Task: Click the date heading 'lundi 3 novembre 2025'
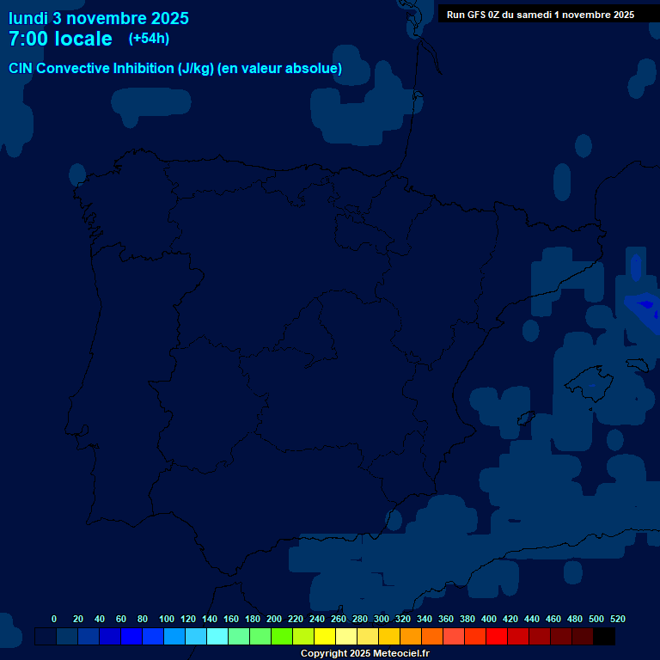(99, 18)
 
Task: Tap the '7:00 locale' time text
(60, 40)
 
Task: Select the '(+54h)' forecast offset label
(149, 39)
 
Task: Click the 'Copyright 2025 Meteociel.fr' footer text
(364, 653)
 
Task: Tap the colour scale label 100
(167, 619)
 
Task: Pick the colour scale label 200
(274, 619)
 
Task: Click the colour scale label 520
(617, 619)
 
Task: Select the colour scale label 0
(54, 619)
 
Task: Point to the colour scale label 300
(382, 619)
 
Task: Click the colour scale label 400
(489, 619)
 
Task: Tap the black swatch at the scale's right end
(604, 636)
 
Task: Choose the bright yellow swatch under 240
(325, 636)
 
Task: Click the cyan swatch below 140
(217, 636)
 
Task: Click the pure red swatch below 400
(497, 636)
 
